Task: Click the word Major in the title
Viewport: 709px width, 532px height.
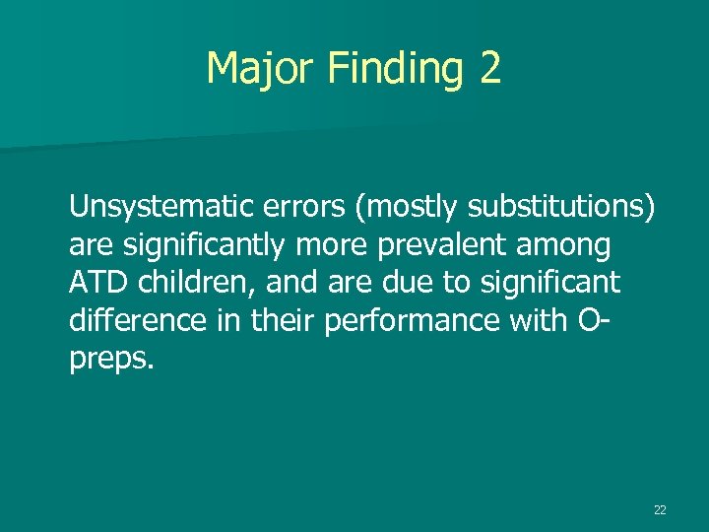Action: coord(259,68)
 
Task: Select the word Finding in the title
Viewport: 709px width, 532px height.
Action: coord(395,68)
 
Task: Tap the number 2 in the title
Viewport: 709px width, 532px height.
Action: coord(489,68)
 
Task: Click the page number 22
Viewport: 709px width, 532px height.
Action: coord(660,509)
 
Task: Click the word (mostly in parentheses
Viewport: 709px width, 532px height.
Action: coord(411,206)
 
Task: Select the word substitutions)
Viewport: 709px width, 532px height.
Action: coord(560,206)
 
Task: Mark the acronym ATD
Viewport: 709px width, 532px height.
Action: coord(95,283)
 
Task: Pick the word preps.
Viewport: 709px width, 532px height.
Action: coord(111,360)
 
